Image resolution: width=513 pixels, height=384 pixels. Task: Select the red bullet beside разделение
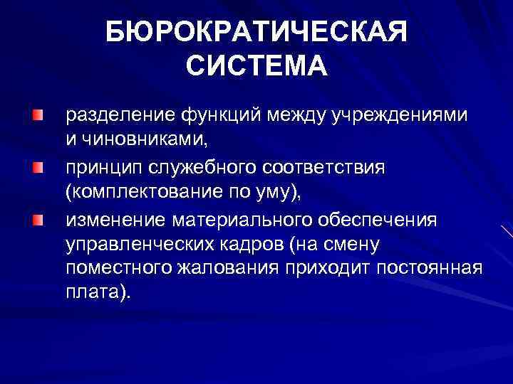point(37,114)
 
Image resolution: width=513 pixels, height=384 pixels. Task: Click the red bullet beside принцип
point(37,167)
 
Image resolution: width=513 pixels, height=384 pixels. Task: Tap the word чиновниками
point(145,140)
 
